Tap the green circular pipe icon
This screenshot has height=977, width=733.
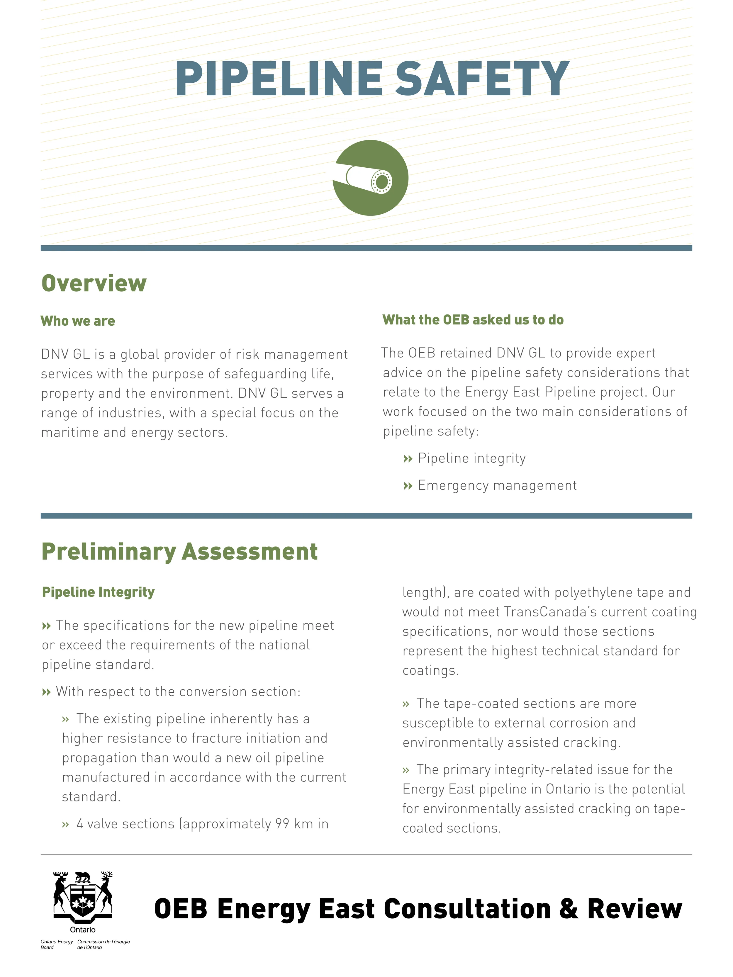[370, 178]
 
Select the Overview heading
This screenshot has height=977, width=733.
[94, 283]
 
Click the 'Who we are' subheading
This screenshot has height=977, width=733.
[78, 321]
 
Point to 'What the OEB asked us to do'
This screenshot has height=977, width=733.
[473, 320]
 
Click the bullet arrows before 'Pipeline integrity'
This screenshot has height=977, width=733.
[407, 459]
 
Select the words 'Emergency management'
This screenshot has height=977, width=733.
[497, 485]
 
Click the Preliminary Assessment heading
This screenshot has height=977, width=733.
[179, 552]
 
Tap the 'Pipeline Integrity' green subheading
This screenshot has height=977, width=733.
[98, 592]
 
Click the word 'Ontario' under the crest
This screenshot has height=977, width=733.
[83, 930]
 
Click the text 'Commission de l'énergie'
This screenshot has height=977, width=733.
[103, 942]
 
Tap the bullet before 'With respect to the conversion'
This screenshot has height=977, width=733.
[46, 692]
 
